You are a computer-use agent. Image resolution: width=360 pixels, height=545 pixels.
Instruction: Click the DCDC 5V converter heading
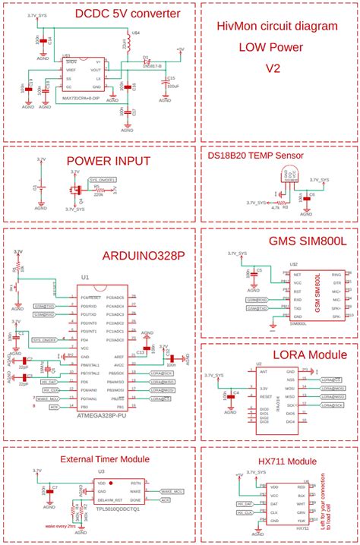(x=127, y=14)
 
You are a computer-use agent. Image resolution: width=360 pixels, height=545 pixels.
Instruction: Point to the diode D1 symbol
(x=148, y=60)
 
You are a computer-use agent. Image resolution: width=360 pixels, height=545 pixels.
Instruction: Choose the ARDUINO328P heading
(x=143, y=255)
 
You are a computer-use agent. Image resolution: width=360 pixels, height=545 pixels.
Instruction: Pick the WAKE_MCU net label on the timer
(x=172, y=491)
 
